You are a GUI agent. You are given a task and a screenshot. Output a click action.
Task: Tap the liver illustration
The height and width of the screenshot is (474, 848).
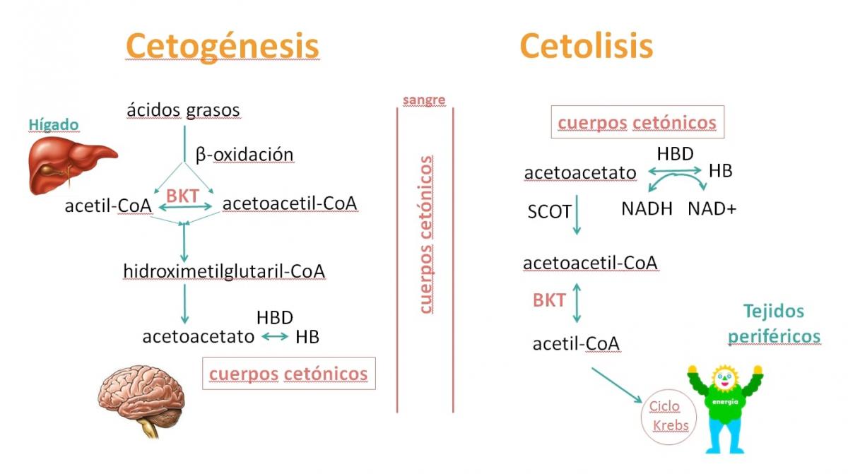pos(71,165)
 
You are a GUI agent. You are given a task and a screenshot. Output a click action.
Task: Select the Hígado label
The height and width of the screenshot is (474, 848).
pos(53,125)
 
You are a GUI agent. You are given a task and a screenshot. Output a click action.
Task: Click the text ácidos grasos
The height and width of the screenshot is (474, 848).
pos(183,110)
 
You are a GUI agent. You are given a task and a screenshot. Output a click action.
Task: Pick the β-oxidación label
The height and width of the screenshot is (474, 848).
pos(244,154)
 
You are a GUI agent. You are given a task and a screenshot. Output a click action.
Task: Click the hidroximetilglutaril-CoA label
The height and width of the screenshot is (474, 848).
pos(224,271)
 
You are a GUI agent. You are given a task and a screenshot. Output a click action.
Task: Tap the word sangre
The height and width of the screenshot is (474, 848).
pos(424,100)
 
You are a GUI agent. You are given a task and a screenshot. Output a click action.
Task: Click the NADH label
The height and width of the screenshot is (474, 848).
pos(647,209)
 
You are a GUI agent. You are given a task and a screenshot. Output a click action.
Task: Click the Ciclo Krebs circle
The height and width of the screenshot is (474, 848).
pos(666,416)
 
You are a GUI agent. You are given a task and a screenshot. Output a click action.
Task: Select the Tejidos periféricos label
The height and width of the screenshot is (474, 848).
pos(774,324)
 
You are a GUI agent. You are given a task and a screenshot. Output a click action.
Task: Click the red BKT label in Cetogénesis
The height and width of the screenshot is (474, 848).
pos(182,196)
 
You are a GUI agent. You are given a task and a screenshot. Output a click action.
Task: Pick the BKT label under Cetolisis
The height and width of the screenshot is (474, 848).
pos(549,300)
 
